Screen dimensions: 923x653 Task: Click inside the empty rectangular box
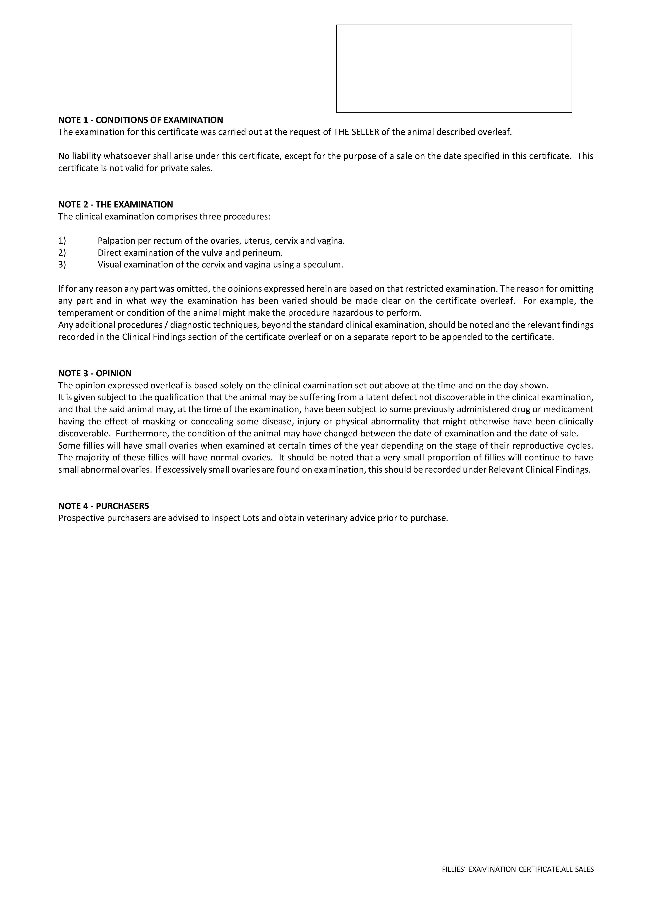coord(454,69)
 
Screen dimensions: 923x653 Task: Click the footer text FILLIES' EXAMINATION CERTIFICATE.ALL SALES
coord(517,880)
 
